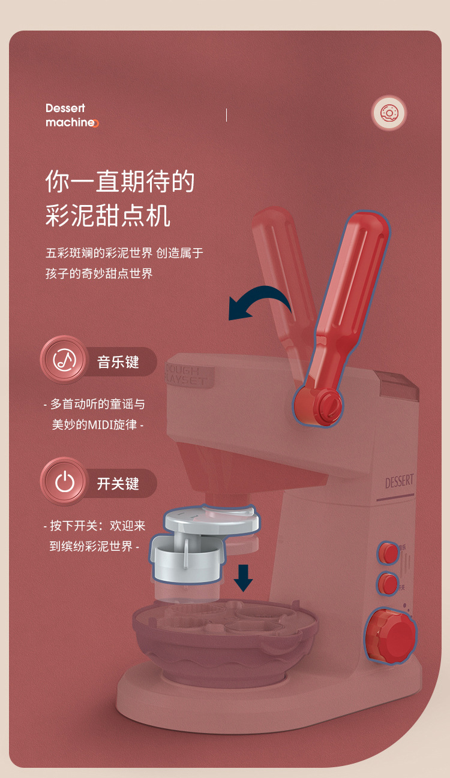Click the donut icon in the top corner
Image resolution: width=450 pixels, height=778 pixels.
[x=389, y=113]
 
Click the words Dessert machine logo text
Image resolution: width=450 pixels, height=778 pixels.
[x=71, y=115]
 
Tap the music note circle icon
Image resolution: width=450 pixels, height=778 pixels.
[x=64, y=360]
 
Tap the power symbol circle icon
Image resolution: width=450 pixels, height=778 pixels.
[x=64, y=482]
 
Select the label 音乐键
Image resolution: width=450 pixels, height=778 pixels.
[x=118, y=362]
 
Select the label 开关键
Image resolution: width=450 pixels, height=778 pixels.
[x=118, y=484]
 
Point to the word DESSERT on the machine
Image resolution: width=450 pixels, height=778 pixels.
[x=399, y=481]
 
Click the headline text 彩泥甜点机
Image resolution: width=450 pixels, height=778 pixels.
[x=108, y=216]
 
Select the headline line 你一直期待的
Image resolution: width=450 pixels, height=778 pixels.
[x=120, y=182]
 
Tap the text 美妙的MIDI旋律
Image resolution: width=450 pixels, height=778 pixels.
[x=97, y=425]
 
